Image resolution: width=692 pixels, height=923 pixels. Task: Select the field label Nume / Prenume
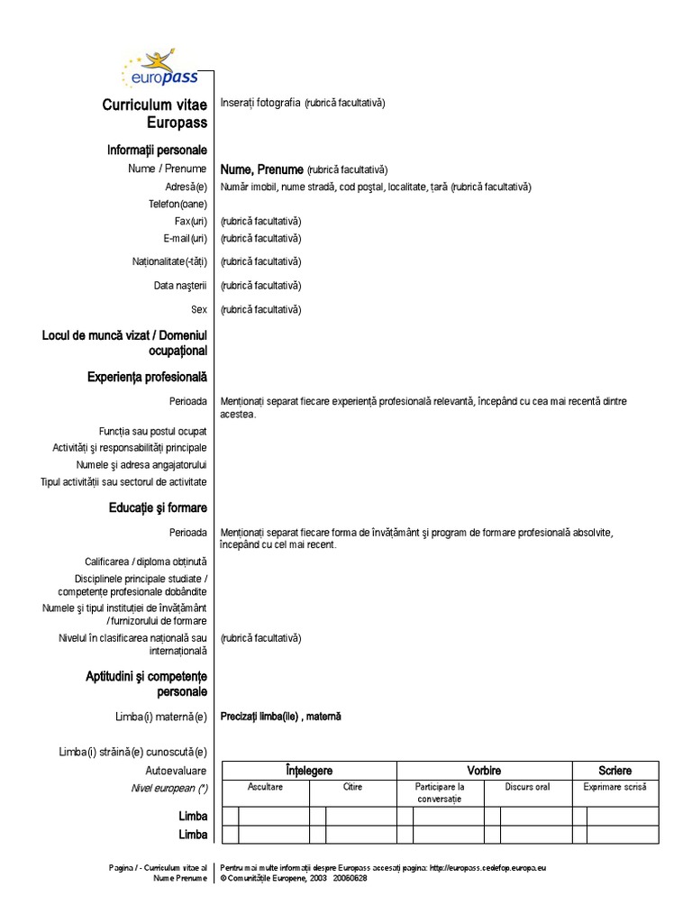168,169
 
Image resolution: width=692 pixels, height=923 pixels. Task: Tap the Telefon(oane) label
178,204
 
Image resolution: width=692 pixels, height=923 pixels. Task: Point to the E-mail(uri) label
185,238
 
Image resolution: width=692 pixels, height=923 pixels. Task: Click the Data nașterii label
180,286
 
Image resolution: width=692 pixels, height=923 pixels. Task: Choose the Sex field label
198,309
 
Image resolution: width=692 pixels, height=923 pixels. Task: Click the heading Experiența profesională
147,377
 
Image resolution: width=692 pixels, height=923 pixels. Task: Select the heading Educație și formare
158,509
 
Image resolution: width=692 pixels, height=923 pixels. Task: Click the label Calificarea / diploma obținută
146,561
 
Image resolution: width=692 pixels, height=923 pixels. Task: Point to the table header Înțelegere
309,771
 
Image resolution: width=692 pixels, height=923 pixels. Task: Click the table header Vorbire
484,771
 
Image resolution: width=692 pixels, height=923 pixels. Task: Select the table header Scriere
615,771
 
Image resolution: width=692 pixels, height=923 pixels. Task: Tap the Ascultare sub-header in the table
266,788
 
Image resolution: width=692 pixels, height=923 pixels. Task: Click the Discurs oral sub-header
527,788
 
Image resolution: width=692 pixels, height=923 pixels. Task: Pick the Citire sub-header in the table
352,788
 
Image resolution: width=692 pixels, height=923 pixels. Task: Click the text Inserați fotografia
261,103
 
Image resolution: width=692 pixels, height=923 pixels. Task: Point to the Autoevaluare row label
176,771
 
